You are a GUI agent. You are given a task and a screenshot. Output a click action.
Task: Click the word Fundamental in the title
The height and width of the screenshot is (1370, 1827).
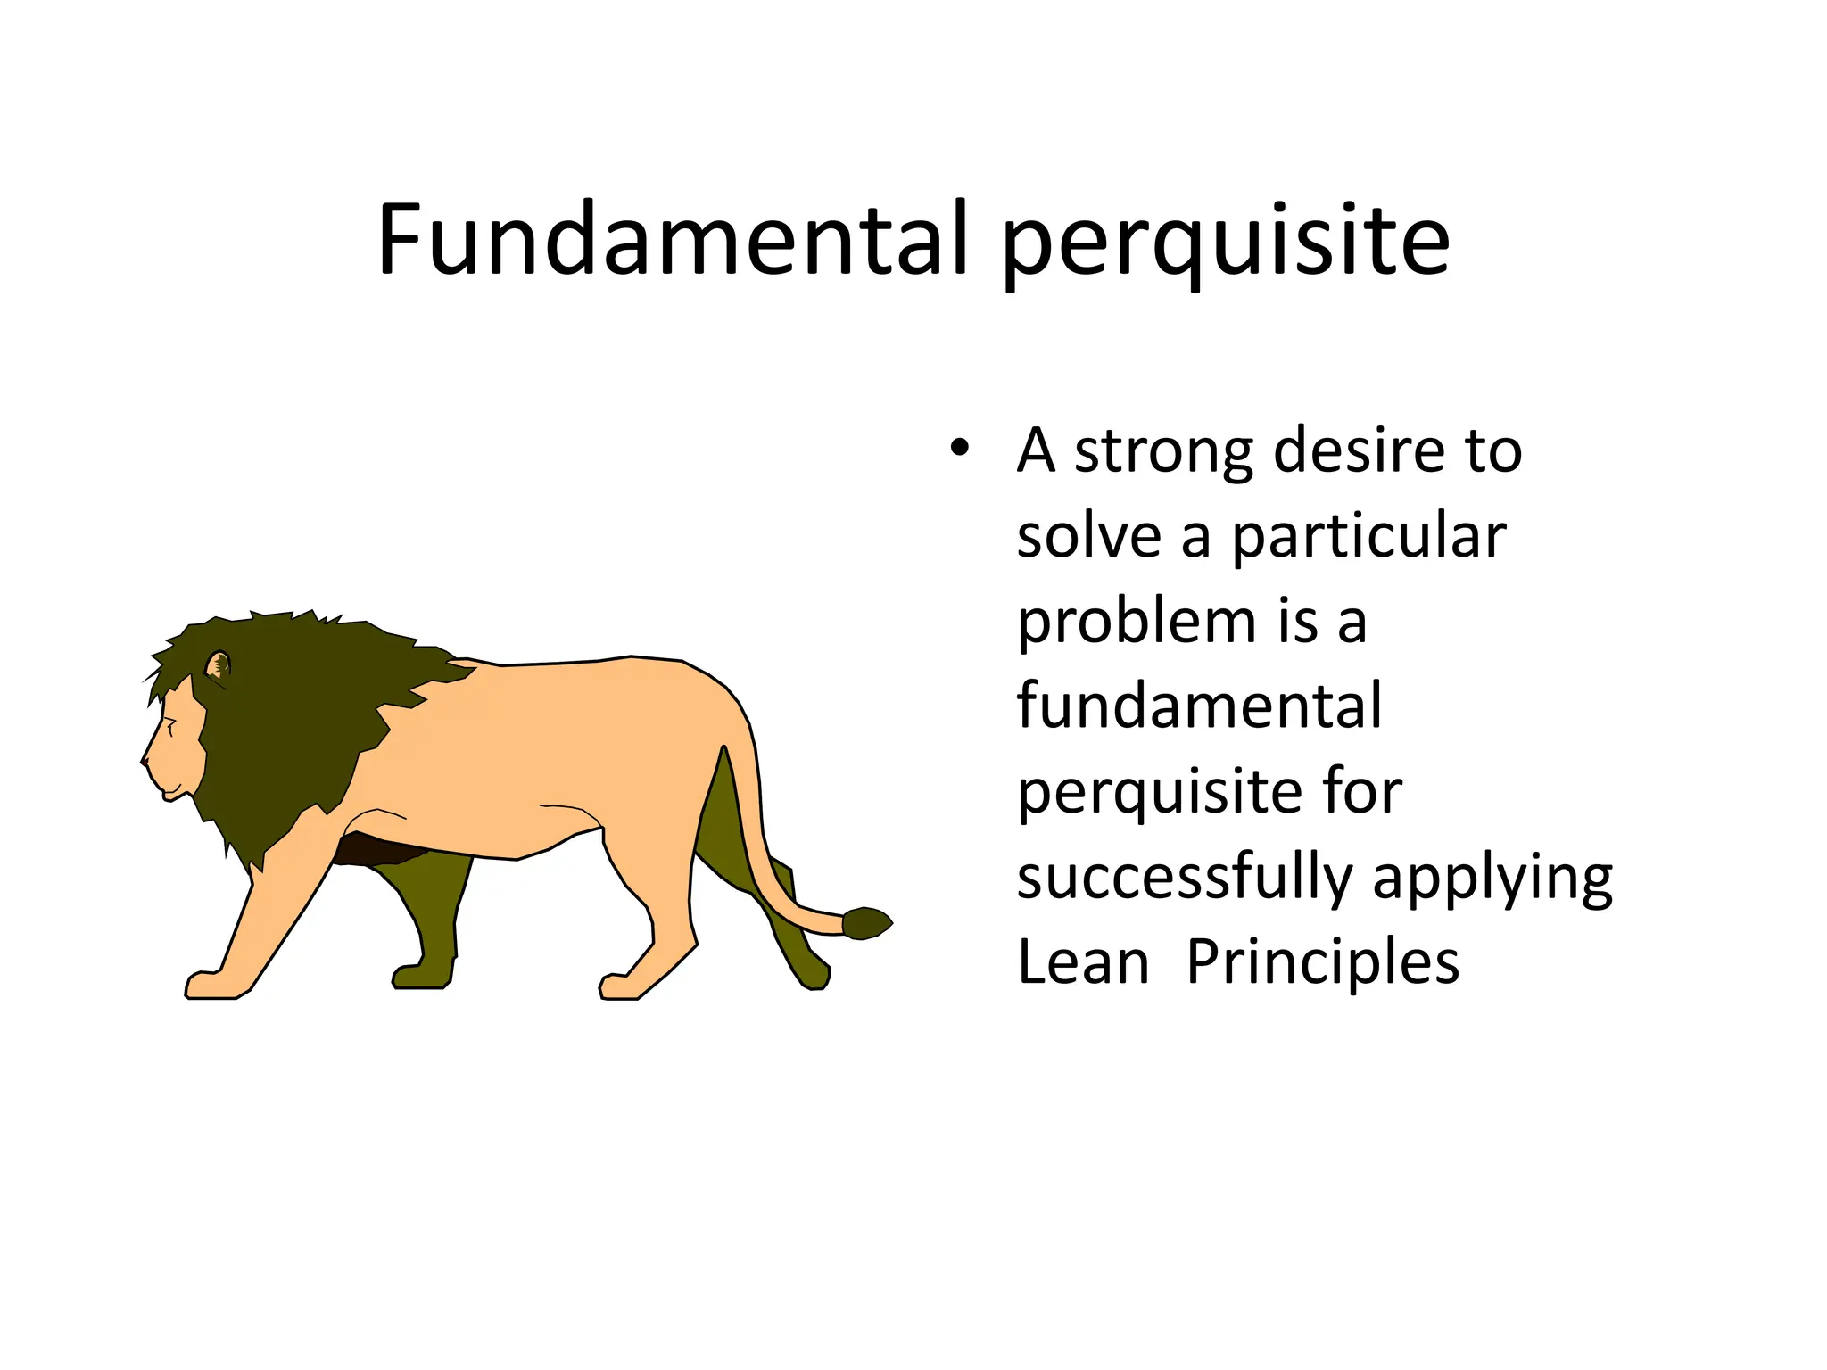[x=671, y=239]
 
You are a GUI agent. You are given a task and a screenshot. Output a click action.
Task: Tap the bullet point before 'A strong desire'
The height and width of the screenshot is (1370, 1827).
[x=959, y=448]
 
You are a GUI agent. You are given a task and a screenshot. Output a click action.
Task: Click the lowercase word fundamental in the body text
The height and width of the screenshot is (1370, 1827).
[x=1199, y=706]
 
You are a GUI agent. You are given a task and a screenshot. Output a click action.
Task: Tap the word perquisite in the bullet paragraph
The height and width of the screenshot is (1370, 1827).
[x=1159, y=794]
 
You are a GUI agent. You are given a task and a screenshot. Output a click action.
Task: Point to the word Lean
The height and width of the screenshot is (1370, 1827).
[x=1083, y=962]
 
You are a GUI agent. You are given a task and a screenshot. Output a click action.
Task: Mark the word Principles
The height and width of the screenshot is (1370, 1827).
[x=1322, y=962]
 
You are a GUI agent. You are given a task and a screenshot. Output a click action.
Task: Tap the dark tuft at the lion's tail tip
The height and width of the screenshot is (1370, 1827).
[x=866, y=922]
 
